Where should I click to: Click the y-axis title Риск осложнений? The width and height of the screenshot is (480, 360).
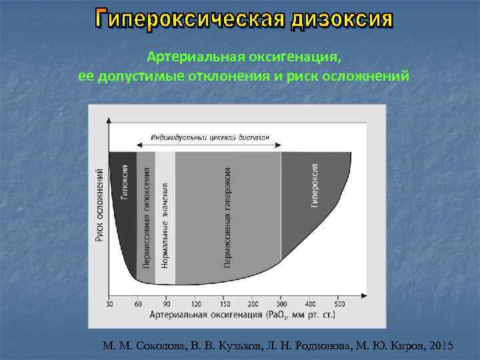point(99,204)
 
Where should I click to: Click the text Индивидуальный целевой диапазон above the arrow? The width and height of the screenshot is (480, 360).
point(210,137)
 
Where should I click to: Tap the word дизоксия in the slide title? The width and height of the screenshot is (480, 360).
point(340,20)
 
